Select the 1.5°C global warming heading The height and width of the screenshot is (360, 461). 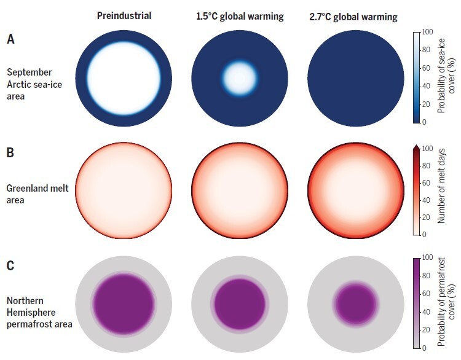point(236,16)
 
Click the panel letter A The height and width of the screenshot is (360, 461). point(10,39)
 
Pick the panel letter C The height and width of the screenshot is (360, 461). point(10,267)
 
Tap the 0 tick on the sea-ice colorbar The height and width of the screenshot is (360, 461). point(426,122)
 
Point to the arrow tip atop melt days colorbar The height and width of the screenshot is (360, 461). point(416,145)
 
